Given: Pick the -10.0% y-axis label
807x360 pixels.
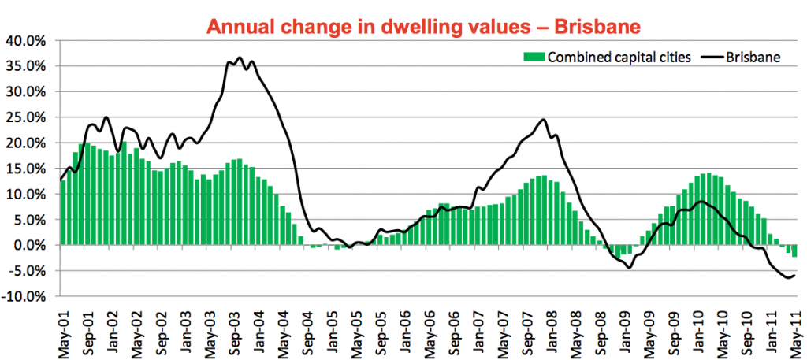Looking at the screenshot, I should tap(27, 297).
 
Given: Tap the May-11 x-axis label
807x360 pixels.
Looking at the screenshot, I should tap(794, 330).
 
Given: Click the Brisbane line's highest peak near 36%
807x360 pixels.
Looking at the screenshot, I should tap(240, 58).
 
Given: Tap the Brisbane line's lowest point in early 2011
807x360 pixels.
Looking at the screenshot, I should tap(787, 277).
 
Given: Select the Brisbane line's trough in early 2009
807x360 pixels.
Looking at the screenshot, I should tap(629, 268).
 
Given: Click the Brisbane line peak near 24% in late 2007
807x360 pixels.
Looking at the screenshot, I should tap(543, 120).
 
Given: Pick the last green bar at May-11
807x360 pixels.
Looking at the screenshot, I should tap(794, 251).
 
